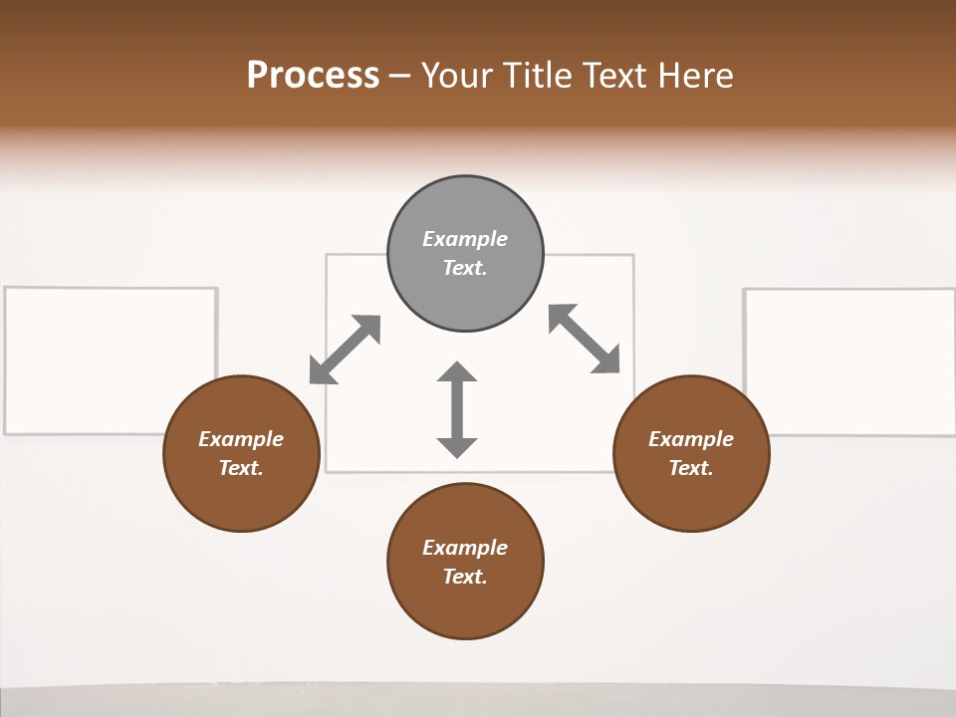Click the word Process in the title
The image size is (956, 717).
click(x=313, y=76)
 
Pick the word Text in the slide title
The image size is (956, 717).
click(x=616, y=76)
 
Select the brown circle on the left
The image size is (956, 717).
click(x=241, y=498)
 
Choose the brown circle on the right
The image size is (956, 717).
click(x=691, y=498)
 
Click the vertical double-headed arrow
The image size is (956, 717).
click(x=457, y=409)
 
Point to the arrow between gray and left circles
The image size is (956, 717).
click(x=345, y=350)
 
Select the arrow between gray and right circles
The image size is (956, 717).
click(x=585, y=339)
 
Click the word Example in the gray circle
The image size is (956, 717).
click(x=465, y=239)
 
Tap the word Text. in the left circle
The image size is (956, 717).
click(x=241, y=468)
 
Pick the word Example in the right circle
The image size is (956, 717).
click(x=691, y=439)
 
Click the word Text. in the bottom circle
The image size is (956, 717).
click(x=465, y=577)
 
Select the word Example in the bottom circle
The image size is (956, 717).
click(x=465, y=548)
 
